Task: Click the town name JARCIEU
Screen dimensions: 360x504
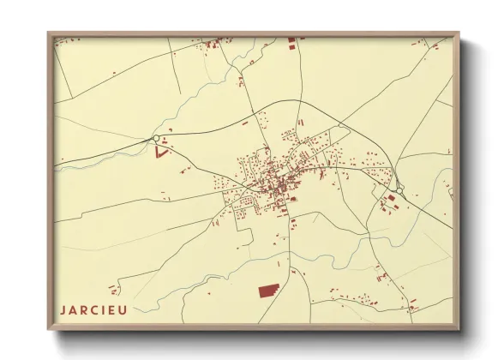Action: (x=93, y=309)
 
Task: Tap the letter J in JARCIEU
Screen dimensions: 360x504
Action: (x=63, y=309)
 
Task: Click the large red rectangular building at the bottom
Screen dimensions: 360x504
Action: (x=269, y=291)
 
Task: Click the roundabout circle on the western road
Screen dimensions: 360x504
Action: (x=155, y=139)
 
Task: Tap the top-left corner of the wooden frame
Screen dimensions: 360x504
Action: (x=50, y=33)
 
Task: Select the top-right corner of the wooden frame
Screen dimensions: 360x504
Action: (x=460, y=33)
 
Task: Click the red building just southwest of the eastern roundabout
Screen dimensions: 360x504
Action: (x=391, y=198)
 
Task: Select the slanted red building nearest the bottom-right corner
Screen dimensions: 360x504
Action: (x=412, y=309)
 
